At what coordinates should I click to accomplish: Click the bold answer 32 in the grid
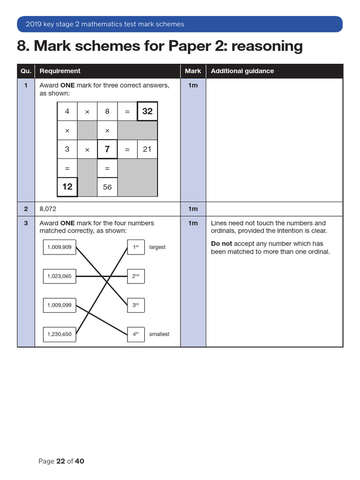(x=147, y=111)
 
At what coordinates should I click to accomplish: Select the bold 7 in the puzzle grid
(x=107, y=149)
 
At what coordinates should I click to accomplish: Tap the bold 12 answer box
(x=67, y=187)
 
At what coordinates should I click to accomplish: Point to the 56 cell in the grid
(x=107, y=187)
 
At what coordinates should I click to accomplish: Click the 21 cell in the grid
(x=147, y=149)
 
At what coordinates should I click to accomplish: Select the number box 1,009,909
(x=60, y=247)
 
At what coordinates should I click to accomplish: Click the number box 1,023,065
(x=60, y=276)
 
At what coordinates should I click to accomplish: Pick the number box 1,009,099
(x=60, y=305)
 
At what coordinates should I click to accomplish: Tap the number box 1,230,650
(x=60, y=334)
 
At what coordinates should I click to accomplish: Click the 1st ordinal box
(x=136, y=247)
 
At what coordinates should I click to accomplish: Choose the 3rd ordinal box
(x=136, y=305)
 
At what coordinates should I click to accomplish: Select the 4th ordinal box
(x=136, y=334)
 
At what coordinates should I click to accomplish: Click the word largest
(x=157, y=247)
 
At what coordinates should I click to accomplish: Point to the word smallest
(x=159, y=334)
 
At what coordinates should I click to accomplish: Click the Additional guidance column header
(x=242, y=71)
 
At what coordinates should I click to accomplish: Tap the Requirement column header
(x=60, y=71)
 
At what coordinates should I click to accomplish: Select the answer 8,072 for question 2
(x=48, y=209)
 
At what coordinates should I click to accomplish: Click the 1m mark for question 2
(x=193, y=209)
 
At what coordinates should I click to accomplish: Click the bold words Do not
(x=221, y=244)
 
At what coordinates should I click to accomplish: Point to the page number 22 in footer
(x=60, y=461)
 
